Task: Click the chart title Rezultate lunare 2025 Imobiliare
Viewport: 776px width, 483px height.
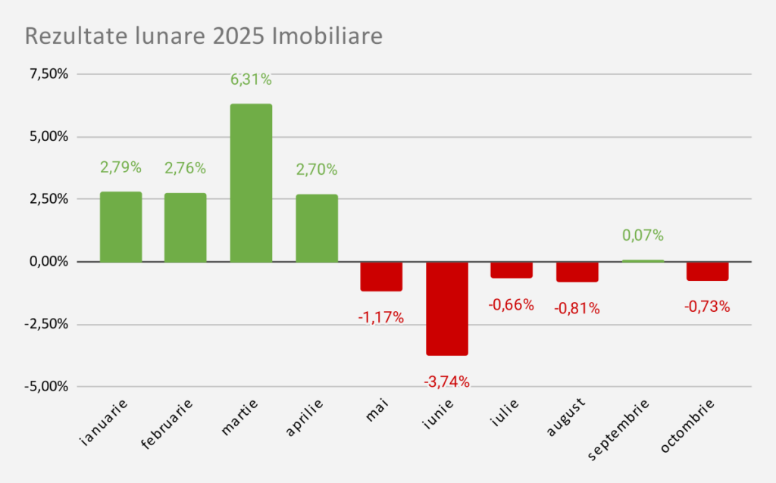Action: click(204, 36)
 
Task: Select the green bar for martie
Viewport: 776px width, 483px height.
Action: click(251, 182)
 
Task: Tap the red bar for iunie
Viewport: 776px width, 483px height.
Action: click(447, 308)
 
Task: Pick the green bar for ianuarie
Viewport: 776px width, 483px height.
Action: click(121, 226)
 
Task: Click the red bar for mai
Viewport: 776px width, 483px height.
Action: click(381, 276)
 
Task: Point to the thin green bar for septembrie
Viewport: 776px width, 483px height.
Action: click(643, 260)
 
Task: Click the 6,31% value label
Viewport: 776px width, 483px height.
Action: click(251, 79)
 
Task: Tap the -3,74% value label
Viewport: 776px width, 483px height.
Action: click(447, 382)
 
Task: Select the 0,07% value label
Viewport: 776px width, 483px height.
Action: click(643, 235)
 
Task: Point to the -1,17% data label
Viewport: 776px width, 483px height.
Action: click(381, 318)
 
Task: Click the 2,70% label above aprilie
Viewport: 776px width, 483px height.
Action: click(317, 170)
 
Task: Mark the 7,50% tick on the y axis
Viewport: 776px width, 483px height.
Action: click(48, 74)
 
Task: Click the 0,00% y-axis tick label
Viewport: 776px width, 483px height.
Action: click(48, 261)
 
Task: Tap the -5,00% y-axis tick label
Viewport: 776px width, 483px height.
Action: click(47, 386)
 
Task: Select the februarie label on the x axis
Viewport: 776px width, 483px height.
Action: click(167, 423)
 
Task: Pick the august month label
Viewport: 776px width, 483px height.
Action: click(565, 419)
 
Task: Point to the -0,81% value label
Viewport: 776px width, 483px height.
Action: click(577, 309)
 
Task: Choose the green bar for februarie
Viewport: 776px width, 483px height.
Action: click(186, 227)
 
